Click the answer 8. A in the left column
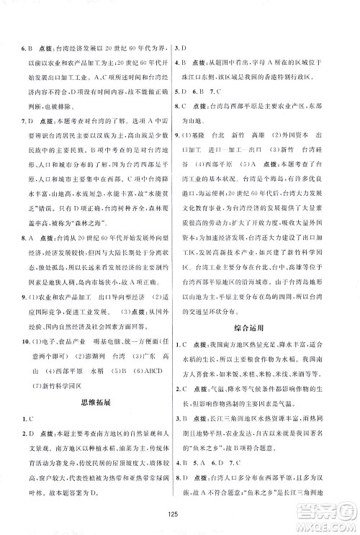(27, 236)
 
